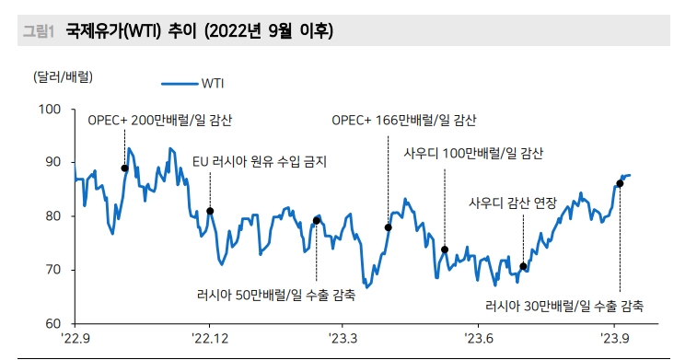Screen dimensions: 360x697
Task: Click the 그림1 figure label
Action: point(37,32)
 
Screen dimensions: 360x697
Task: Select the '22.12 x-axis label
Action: point(210,339)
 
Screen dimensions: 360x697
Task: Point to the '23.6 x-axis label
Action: point(480,339)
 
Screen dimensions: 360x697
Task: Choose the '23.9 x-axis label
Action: point(614,339)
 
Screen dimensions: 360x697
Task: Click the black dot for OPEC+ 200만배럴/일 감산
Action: point(124,168)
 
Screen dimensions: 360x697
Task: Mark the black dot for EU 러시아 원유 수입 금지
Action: point(210,211)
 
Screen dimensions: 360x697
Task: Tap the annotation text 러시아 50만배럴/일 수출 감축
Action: point(276,295)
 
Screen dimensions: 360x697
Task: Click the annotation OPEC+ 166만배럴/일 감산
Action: point(404,121)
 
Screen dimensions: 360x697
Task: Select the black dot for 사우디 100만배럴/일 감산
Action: point(445,250)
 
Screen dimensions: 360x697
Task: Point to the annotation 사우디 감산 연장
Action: point(513,203)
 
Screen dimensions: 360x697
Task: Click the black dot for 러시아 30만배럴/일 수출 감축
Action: point(620,183)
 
